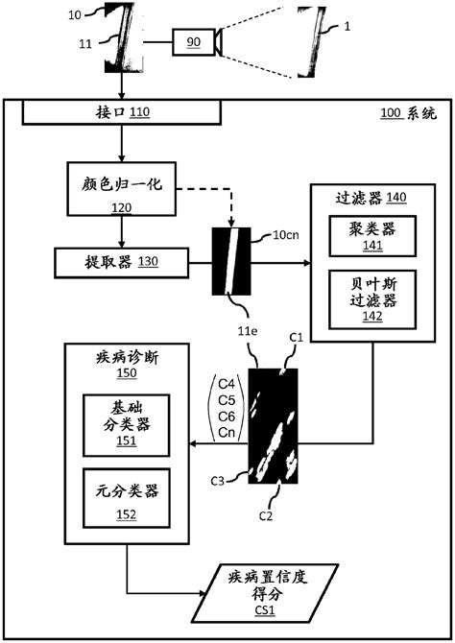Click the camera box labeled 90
pyautogui.click(x=193, y=41)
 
